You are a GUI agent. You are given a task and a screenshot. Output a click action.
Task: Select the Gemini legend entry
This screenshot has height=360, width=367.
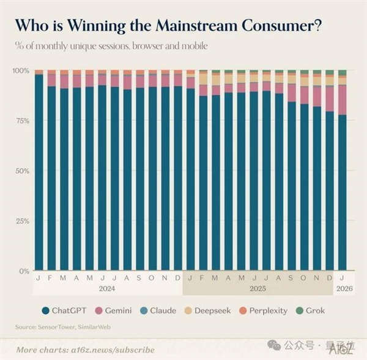point(114,310)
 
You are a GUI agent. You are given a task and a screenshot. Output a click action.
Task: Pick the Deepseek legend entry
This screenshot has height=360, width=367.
point(208,310)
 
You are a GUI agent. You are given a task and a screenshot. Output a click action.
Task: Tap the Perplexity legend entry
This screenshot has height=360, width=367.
point(263,310)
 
